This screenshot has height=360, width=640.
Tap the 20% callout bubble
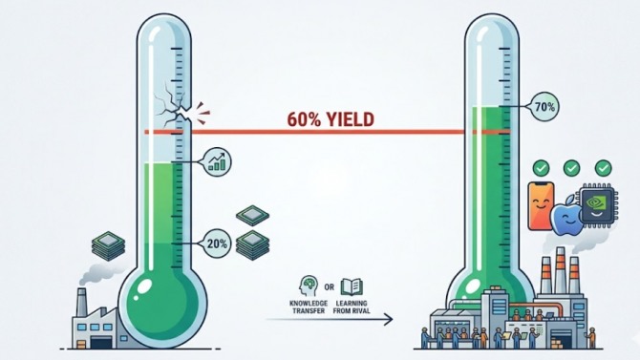coord(217,244)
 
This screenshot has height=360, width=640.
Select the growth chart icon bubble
coord(217,162)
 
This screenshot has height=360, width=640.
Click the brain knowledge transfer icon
coord(309,286)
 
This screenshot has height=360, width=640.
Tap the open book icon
coord(352,286)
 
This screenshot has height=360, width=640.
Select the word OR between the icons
coord(330,287)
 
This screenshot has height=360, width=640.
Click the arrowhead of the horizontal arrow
coord(388,319)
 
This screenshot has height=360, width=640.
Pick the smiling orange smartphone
coord(541,205)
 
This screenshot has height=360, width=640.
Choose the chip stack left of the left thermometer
coord(109,245)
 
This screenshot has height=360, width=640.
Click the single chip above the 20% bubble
coord(252,215)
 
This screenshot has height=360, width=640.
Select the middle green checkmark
coord(571,168)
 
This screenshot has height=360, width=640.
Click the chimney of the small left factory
coord(82,302)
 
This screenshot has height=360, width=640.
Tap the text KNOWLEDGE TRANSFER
coord(309,307)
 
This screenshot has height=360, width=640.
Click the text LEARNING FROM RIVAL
coord(352,307)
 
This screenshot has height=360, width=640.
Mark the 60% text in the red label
coord(304,119)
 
